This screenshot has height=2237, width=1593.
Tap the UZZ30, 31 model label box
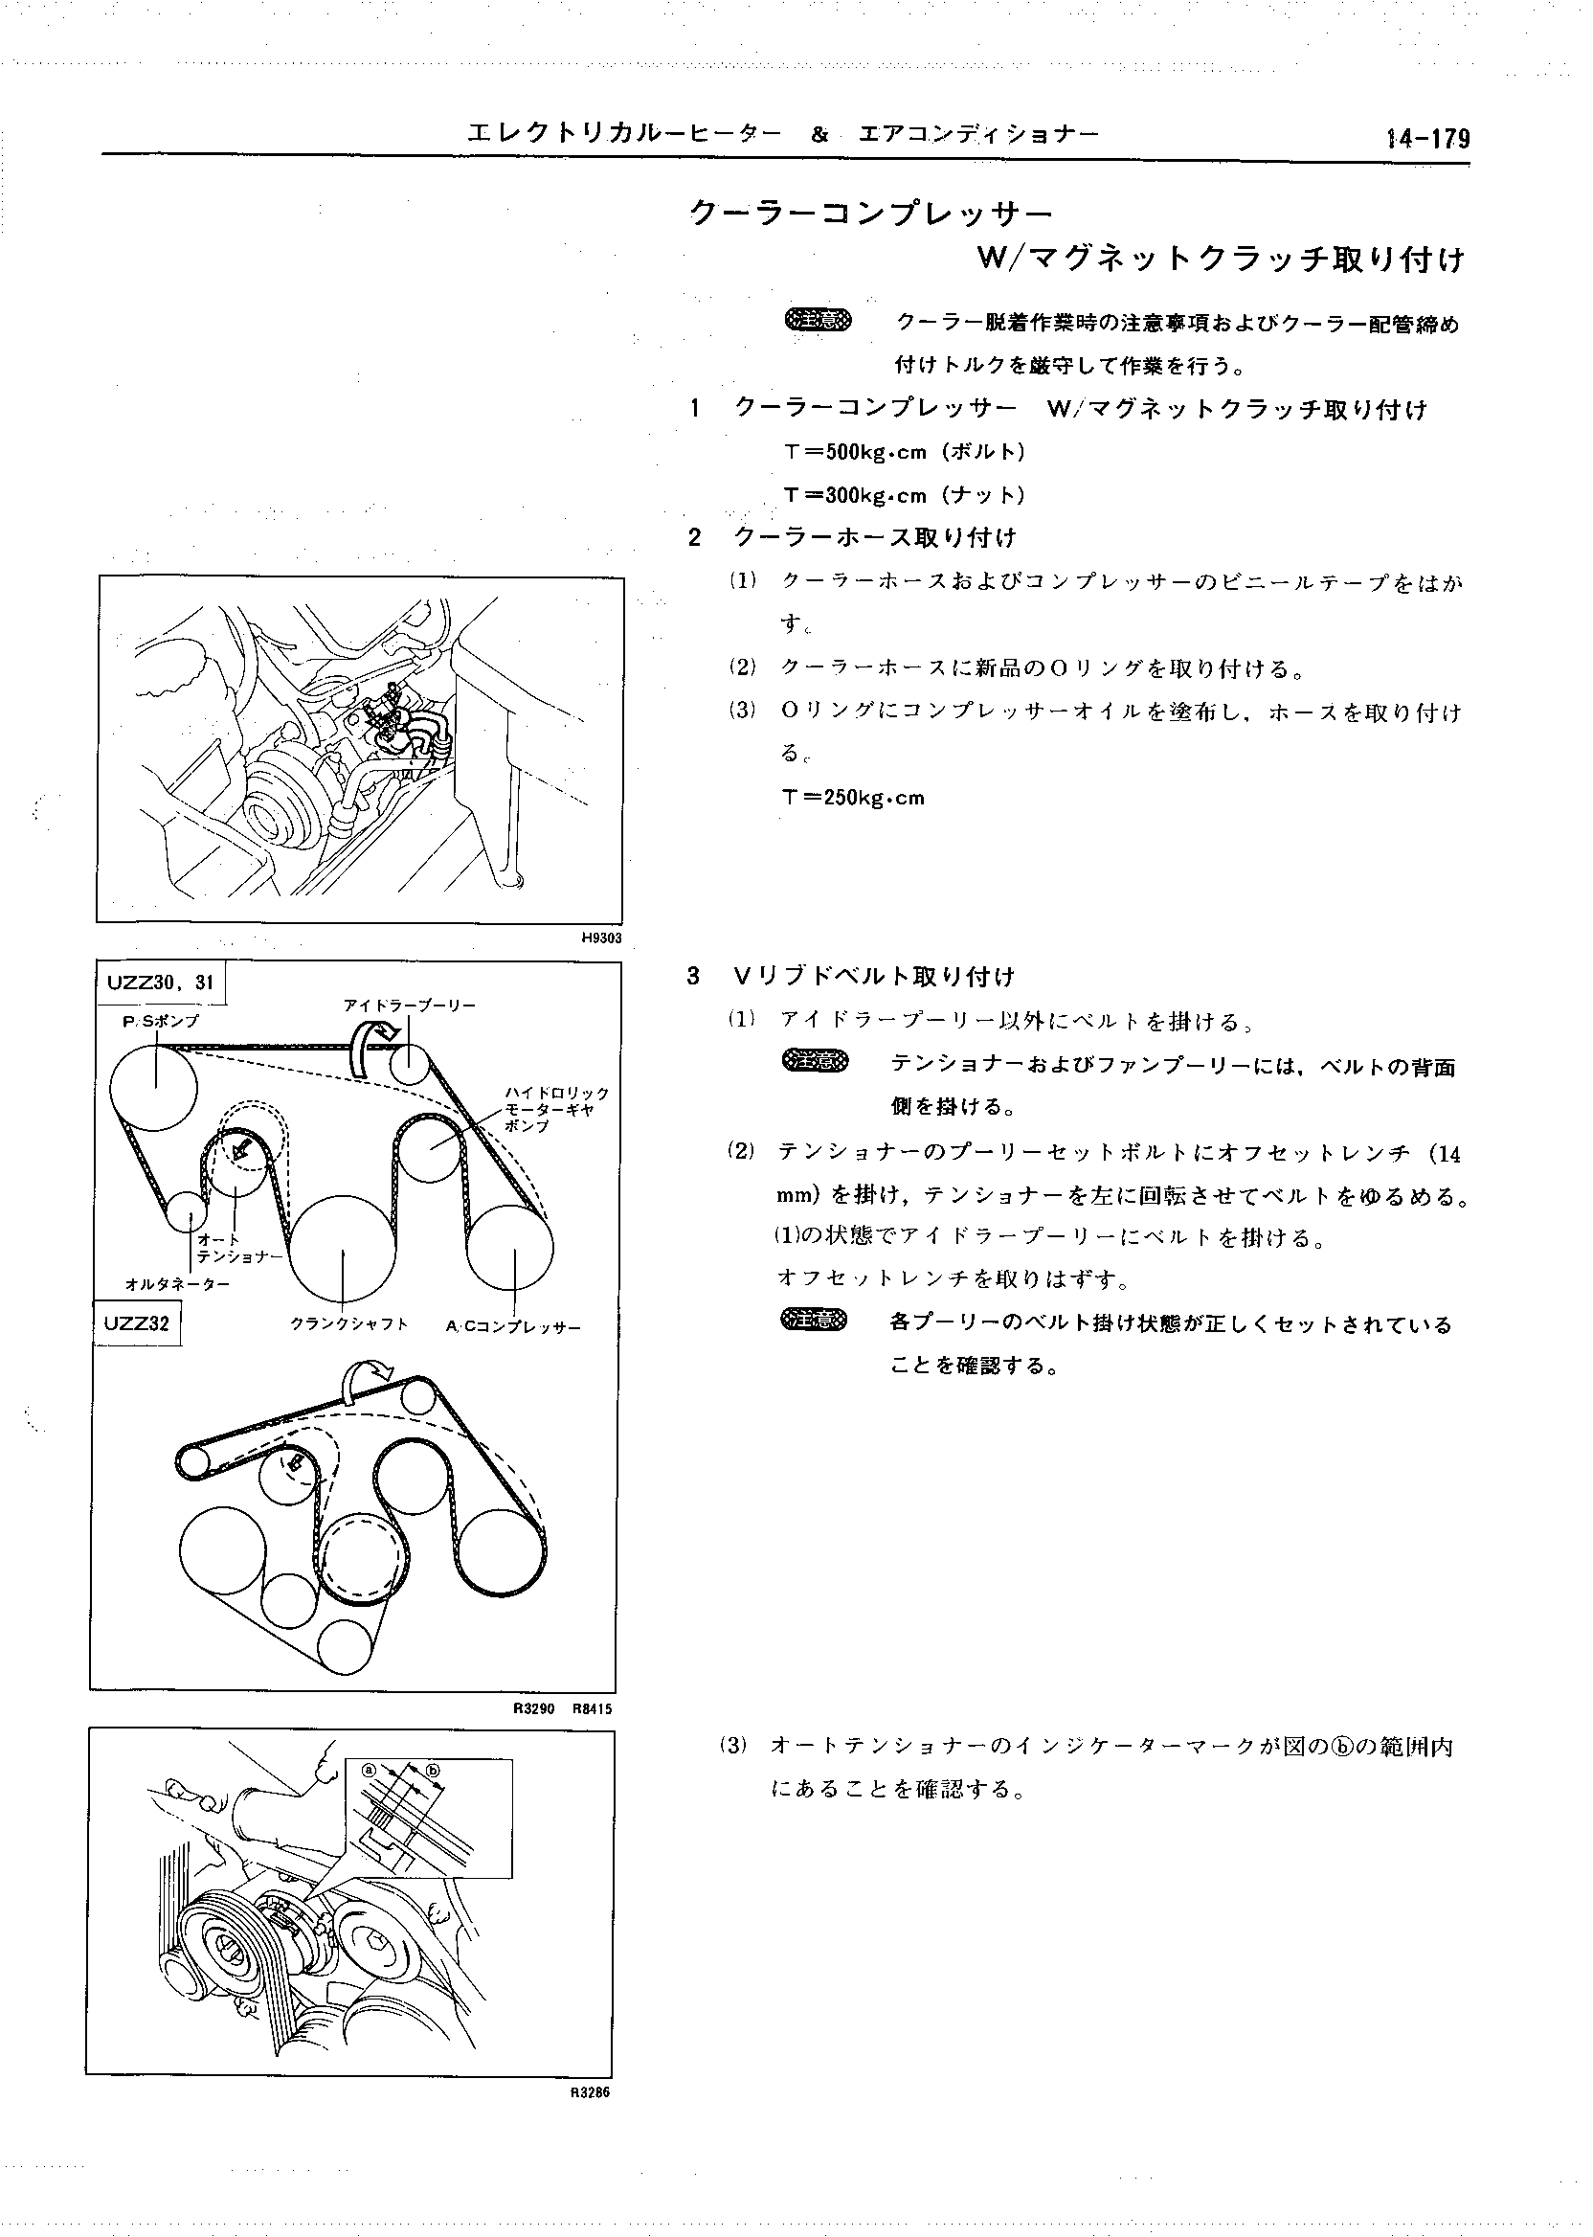(x=161, y=983)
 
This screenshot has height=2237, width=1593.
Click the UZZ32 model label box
(x=136, y=1323)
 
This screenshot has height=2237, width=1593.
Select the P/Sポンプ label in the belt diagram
(x=155, y=1022)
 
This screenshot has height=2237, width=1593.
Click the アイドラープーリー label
(x=409, y=1006)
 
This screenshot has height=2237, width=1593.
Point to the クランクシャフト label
(x=348, y=1324)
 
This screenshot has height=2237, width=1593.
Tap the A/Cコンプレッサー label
(x=513, y=1326)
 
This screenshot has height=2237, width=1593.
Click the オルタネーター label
(x=177, y=1283)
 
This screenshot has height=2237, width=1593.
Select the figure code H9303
(x=601, y=938)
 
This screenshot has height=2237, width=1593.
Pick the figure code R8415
(x=592, y=1709)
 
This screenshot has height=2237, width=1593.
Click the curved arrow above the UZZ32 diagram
(x=365, y=1381)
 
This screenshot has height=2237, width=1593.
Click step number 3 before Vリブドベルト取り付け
(x=694, y=976)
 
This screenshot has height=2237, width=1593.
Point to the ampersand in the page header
(x=820, y=135)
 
